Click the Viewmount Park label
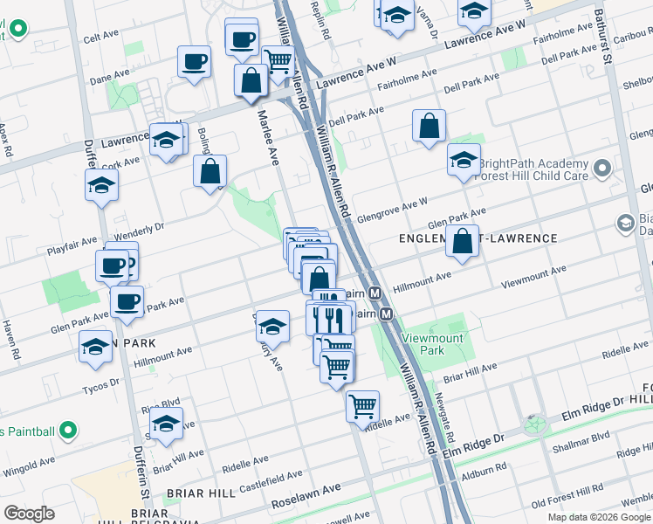click(x=423, y=344)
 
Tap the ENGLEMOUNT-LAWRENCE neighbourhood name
click(x=478, y=238)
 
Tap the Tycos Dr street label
click(x=100, y=383)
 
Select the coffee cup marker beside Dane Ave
click(x=194, y=62)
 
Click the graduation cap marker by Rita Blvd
click(x=166, y=424)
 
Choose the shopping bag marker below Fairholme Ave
click(x=430, y=126)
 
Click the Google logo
click(x=29, y=514)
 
